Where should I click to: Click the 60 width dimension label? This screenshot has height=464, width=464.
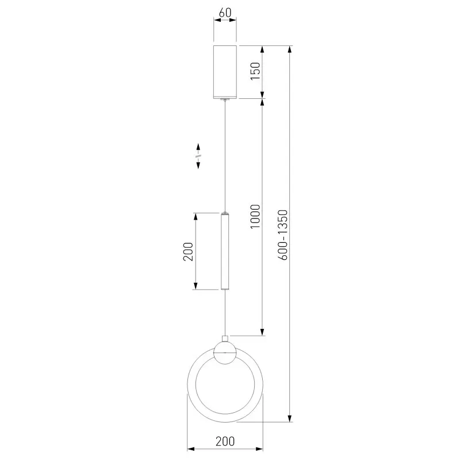coord(225,13)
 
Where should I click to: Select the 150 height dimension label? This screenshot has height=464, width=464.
coord(255,71)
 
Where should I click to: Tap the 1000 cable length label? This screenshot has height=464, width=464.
coord(255,216)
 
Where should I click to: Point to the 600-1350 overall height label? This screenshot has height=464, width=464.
coord(283,235)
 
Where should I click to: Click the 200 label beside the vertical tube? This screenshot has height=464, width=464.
coord(188,251)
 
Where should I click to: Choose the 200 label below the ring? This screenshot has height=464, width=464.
coord(225,441)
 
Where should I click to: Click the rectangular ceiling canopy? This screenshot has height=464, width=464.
coord(225,72)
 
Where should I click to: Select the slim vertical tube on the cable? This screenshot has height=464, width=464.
coord(225,251)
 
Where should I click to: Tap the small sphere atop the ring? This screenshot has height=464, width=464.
coord(225,352)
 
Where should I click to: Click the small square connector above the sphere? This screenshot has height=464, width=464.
coord(225,339)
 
